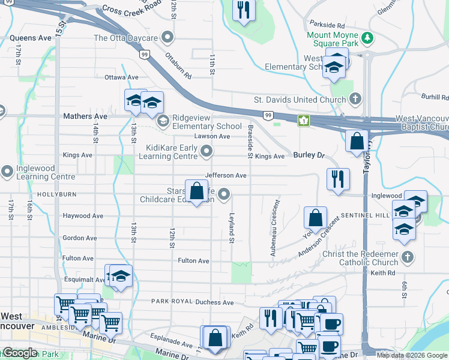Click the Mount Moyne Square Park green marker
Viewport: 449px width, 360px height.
[x=367, y=40]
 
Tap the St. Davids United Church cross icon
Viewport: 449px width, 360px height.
[x=355, y=99]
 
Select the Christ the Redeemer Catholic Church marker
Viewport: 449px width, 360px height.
[x=408, y=257]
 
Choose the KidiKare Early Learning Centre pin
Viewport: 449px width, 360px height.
[x=207, y=151]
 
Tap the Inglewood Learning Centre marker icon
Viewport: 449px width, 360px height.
[x=7, y=172]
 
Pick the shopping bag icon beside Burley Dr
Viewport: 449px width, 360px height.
[x=357, y=142]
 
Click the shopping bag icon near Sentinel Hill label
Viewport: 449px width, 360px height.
[x=315, y=217]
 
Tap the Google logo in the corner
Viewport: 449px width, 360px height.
[x=20, y=353]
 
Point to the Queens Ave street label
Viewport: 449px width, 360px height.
[x=31, y=38]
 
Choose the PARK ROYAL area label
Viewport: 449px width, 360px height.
[x=170, y=301]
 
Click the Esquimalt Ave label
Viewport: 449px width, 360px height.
[x=83, y=280]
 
